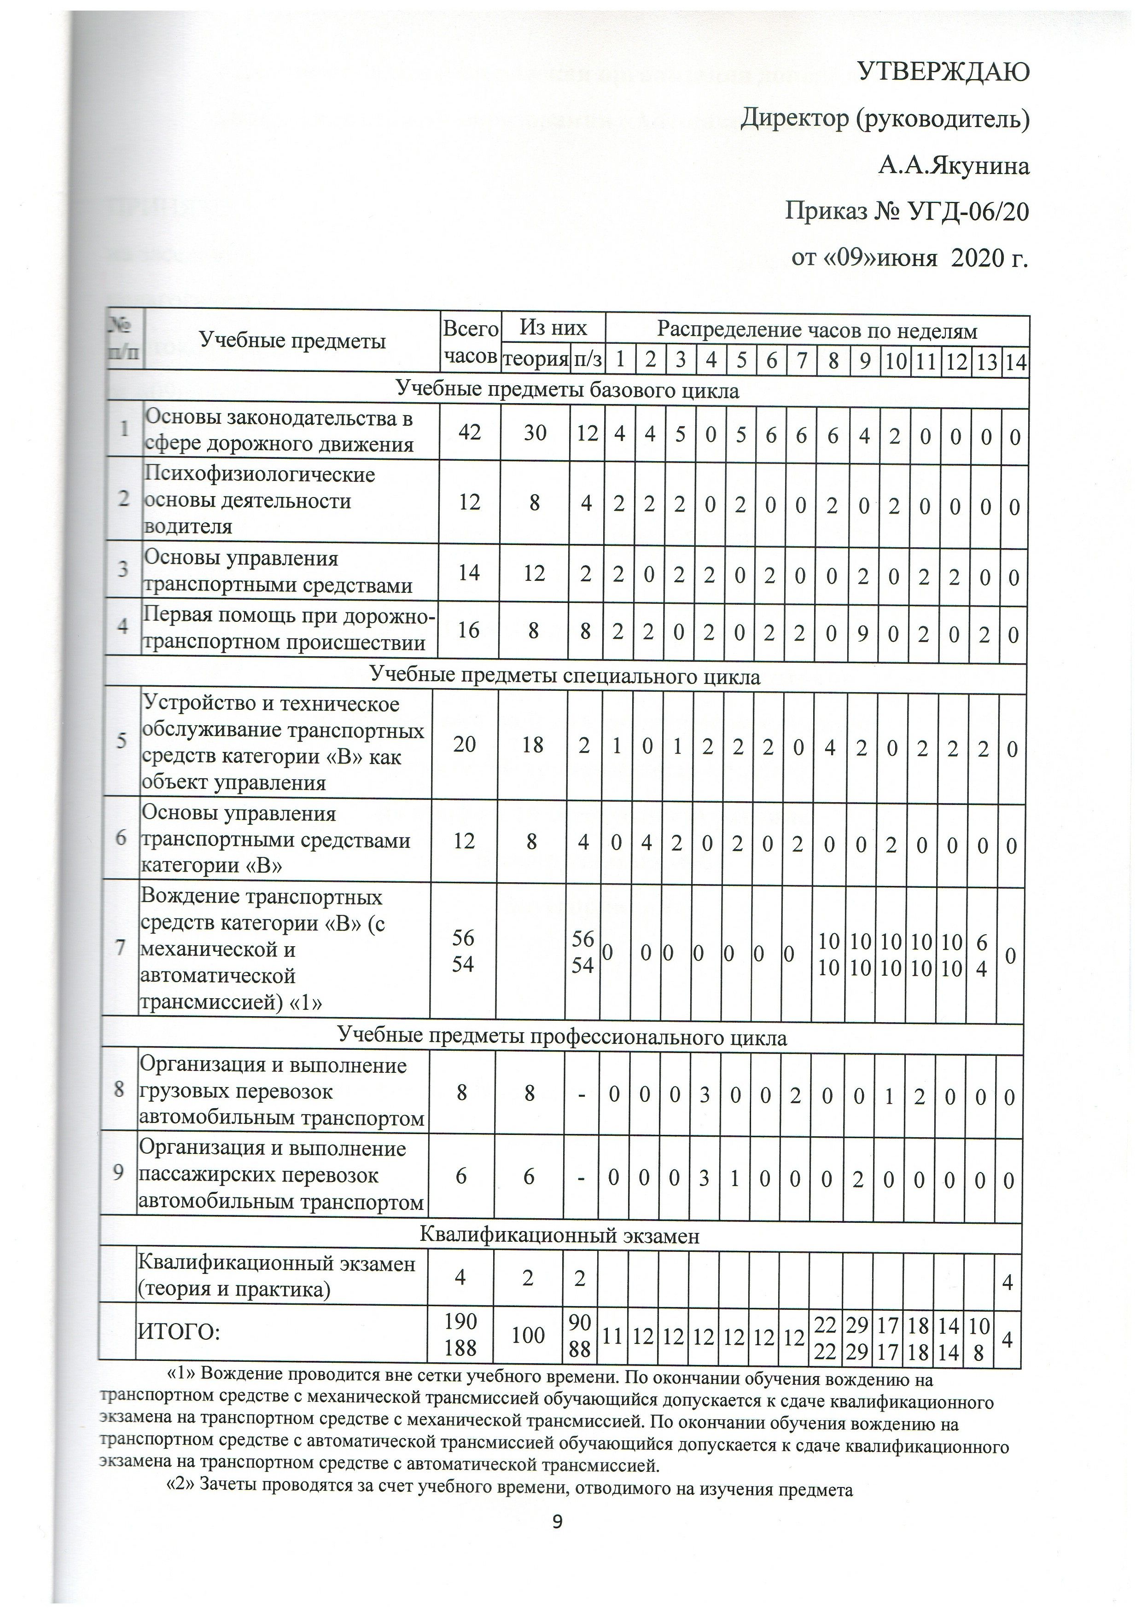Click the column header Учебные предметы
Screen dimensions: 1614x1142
pos(292,341)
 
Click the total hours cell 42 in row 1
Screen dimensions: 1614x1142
pos(470,432)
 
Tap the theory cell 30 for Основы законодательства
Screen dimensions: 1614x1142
pos(535,432)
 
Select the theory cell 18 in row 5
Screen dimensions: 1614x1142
pos(532,745)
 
